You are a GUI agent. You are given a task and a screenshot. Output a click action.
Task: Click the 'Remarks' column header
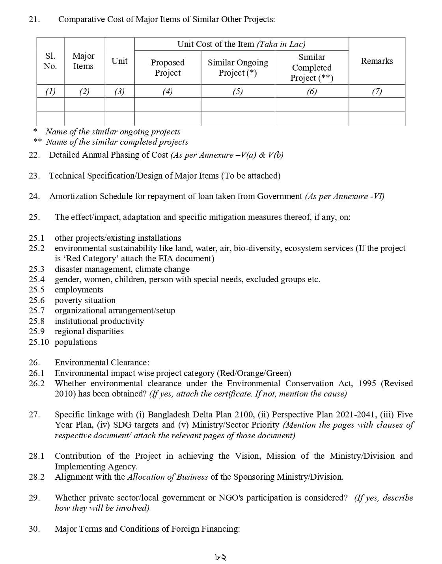(x=377, y=61)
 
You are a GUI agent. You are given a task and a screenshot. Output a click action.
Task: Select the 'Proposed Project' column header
(x=168, y=67)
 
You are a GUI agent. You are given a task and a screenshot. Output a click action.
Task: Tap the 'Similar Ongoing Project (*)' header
(x=238, y=67)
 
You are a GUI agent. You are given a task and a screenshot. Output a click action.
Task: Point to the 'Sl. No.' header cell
(x=50, y=61)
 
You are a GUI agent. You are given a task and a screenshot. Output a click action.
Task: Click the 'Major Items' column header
(x=84, y=61)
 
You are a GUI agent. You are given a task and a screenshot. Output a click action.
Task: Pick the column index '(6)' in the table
(x=311, y=91)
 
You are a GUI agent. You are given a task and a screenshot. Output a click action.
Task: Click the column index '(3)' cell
(x=119, y=91)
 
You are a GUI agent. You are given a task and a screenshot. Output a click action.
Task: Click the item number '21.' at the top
(x=34, y=19)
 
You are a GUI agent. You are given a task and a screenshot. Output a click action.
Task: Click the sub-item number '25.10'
(x=39, y=342)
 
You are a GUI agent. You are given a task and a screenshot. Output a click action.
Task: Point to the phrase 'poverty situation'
(x=85, y=300)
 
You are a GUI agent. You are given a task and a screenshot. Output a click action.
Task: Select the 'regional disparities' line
(x=89, y=331)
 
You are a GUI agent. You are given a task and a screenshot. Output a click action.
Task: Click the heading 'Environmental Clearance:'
(x=102, y=363)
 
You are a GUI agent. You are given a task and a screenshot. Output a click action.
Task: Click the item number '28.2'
(x=36, y=477)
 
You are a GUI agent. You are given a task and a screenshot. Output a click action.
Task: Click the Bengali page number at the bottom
(x=221, y=557)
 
